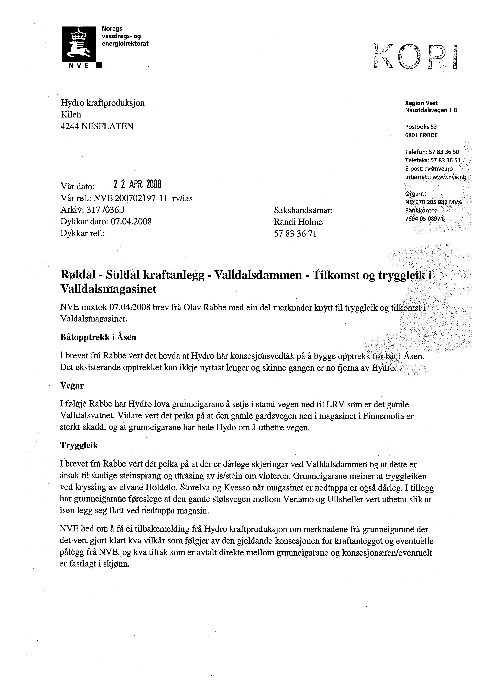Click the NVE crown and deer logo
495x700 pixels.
[x=79, y=44]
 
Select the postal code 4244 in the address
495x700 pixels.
[x=70, y=126]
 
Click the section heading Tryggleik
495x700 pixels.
[x=79, y=445]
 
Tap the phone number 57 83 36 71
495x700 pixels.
[x=295, y=234]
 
